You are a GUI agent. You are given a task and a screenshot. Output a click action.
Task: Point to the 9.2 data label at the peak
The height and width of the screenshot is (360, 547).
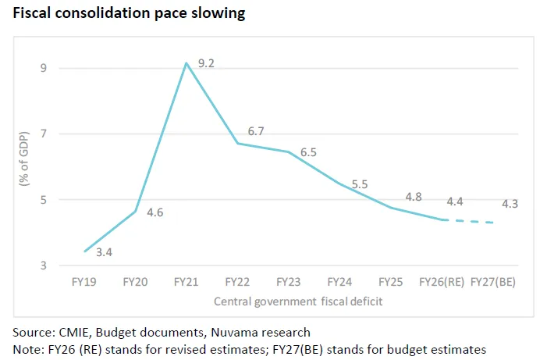point(207,62)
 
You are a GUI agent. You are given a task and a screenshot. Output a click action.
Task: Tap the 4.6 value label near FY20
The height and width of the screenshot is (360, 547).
point(155,212)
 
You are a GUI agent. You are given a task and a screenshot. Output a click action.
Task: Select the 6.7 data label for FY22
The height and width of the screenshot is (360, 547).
point(256,132)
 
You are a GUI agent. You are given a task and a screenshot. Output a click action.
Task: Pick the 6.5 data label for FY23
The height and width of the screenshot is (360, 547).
point(308,152)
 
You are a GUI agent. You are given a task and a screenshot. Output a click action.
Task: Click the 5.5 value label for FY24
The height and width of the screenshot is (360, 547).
point(360,184)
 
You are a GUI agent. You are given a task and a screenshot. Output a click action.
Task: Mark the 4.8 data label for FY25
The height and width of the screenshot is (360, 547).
point(413,197)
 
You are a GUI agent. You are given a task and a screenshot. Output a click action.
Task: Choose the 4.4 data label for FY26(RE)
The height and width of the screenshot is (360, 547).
point(456,201)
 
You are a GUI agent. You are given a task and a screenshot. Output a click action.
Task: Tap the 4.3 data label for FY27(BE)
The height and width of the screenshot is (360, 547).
point(510,204)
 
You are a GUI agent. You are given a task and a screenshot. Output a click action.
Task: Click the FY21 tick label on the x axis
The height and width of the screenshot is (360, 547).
point(186,281)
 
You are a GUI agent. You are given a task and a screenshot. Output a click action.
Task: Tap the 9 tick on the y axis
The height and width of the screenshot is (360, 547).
point(44,68)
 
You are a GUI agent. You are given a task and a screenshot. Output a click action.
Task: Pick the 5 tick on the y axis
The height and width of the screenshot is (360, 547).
point(44,200)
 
